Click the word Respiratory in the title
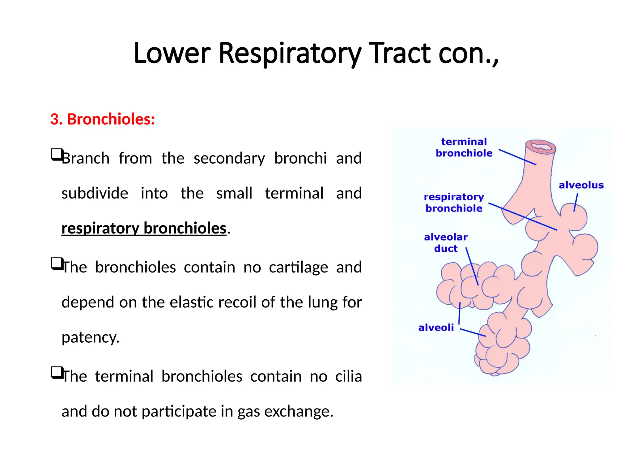pyautogui.click(x=290, y=54)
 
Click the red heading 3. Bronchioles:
pyautogui.click(x=102, y=119)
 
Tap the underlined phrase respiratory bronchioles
pyautogui.click(x=144, y=228)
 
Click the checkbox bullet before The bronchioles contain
pyautogui.click(x=56, y=263)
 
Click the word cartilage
pyautogui.click(x=298, y=267)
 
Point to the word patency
pyautogui.click(x=90, y=337)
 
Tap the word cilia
pyautogui.click(x=348, y=376)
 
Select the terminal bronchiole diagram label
pyautogui.click(x=464, y=148)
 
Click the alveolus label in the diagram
pyautogui.click(x=581, y=185)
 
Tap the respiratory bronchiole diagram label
pyautogui.click(x=454, y=203)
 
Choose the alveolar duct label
pyautogui.click(x=446, y=243)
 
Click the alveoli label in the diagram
pyautogui.click(x=436, y=327)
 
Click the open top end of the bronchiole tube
pyautogui.click(x=541, y=147)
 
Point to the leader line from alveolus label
pyautogui.click(x=576, y=202)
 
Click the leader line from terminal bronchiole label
pyautogui.click(x=517, y=157)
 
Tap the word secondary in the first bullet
pyautogui.click(x=229, y=158)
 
